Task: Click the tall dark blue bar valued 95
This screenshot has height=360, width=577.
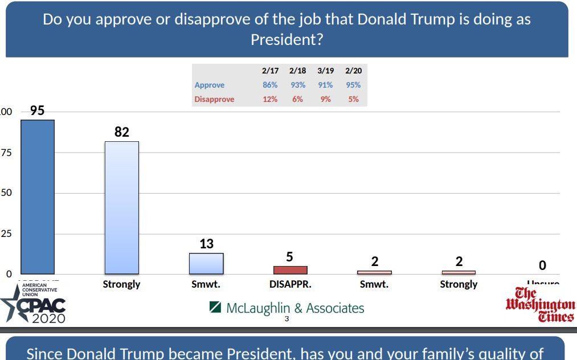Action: tap(38, 197)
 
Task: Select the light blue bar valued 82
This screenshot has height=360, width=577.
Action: tap(122, 207)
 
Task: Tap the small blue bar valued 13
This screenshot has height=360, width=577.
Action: tap(206, 263)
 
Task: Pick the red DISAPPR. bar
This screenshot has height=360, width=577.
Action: tap(290, 270)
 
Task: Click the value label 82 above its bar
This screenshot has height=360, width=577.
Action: tap(122, 132)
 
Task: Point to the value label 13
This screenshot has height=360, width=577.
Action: tap(206, 244)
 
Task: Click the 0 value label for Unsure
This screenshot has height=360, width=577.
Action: tap(542, 265)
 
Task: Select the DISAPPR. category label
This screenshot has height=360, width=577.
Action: tap(290, 284)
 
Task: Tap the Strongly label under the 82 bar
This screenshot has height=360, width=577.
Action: tap(122, 284)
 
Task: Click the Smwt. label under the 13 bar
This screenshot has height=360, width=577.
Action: tap(206, 284)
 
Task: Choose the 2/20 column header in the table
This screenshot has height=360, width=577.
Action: tap(353, 71)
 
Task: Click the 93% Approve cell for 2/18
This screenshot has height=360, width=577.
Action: tap(297, 85)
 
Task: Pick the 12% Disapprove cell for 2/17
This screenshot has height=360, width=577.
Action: tap(270, 99)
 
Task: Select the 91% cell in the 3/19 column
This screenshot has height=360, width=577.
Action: tap(325, 85)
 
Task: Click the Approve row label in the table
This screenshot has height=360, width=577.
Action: tap(210, 85)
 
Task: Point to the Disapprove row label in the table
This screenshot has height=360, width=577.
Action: tap(214, 99)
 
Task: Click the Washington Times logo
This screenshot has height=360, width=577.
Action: tap(540, 305)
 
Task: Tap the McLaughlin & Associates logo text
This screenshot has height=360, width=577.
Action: tap(287, 308)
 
